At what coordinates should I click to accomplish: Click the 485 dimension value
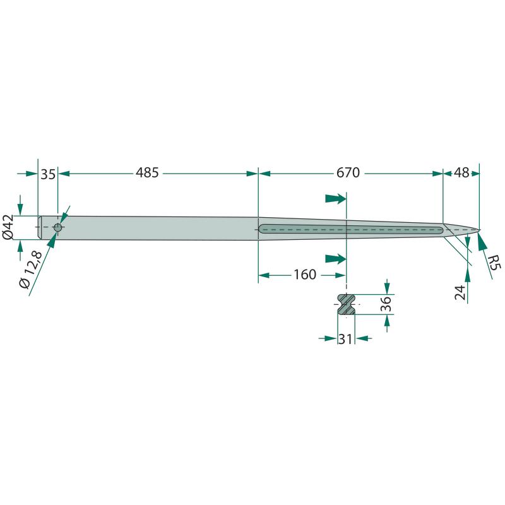147,172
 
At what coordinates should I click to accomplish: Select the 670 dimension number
348,172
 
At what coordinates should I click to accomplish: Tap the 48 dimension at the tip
461,172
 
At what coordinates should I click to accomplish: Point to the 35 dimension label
48,174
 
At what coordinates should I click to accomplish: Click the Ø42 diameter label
8,227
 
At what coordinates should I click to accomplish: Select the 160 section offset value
305,275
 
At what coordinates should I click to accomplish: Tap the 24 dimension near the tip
461,292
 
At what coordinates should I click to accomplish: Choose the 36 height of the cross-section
386,304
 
